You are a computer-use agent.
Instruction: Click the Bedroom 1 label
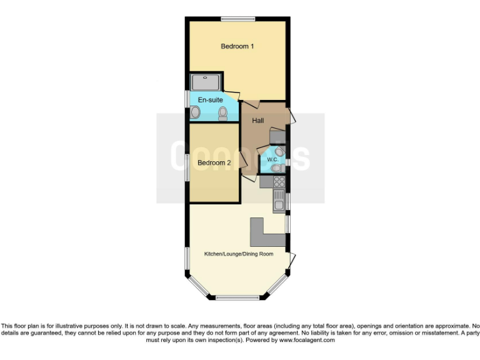click(237, 46)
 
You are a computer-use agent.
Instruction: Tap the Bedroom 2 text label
click(214, 163)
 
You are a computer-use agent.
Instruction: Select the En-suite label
click(210, 100)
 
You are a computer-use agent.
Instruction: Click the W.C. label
click(272, 159)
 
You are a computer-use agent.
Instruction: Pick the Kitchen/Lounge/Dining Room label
click(239, 254)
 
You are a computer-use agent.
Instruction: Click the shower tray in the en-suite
click(206, 82)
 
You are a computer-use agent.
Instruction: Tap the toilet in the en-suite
click(223, 113)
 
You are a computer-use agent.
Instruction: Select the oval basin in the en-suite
click(196, 112)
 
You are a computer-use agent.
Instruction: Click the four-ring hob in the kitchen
click(279, 182)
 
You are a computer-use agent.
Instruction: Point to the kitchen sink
click(279, 201)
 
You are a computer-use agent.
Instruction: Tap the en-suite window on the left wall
click(187, 100)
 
